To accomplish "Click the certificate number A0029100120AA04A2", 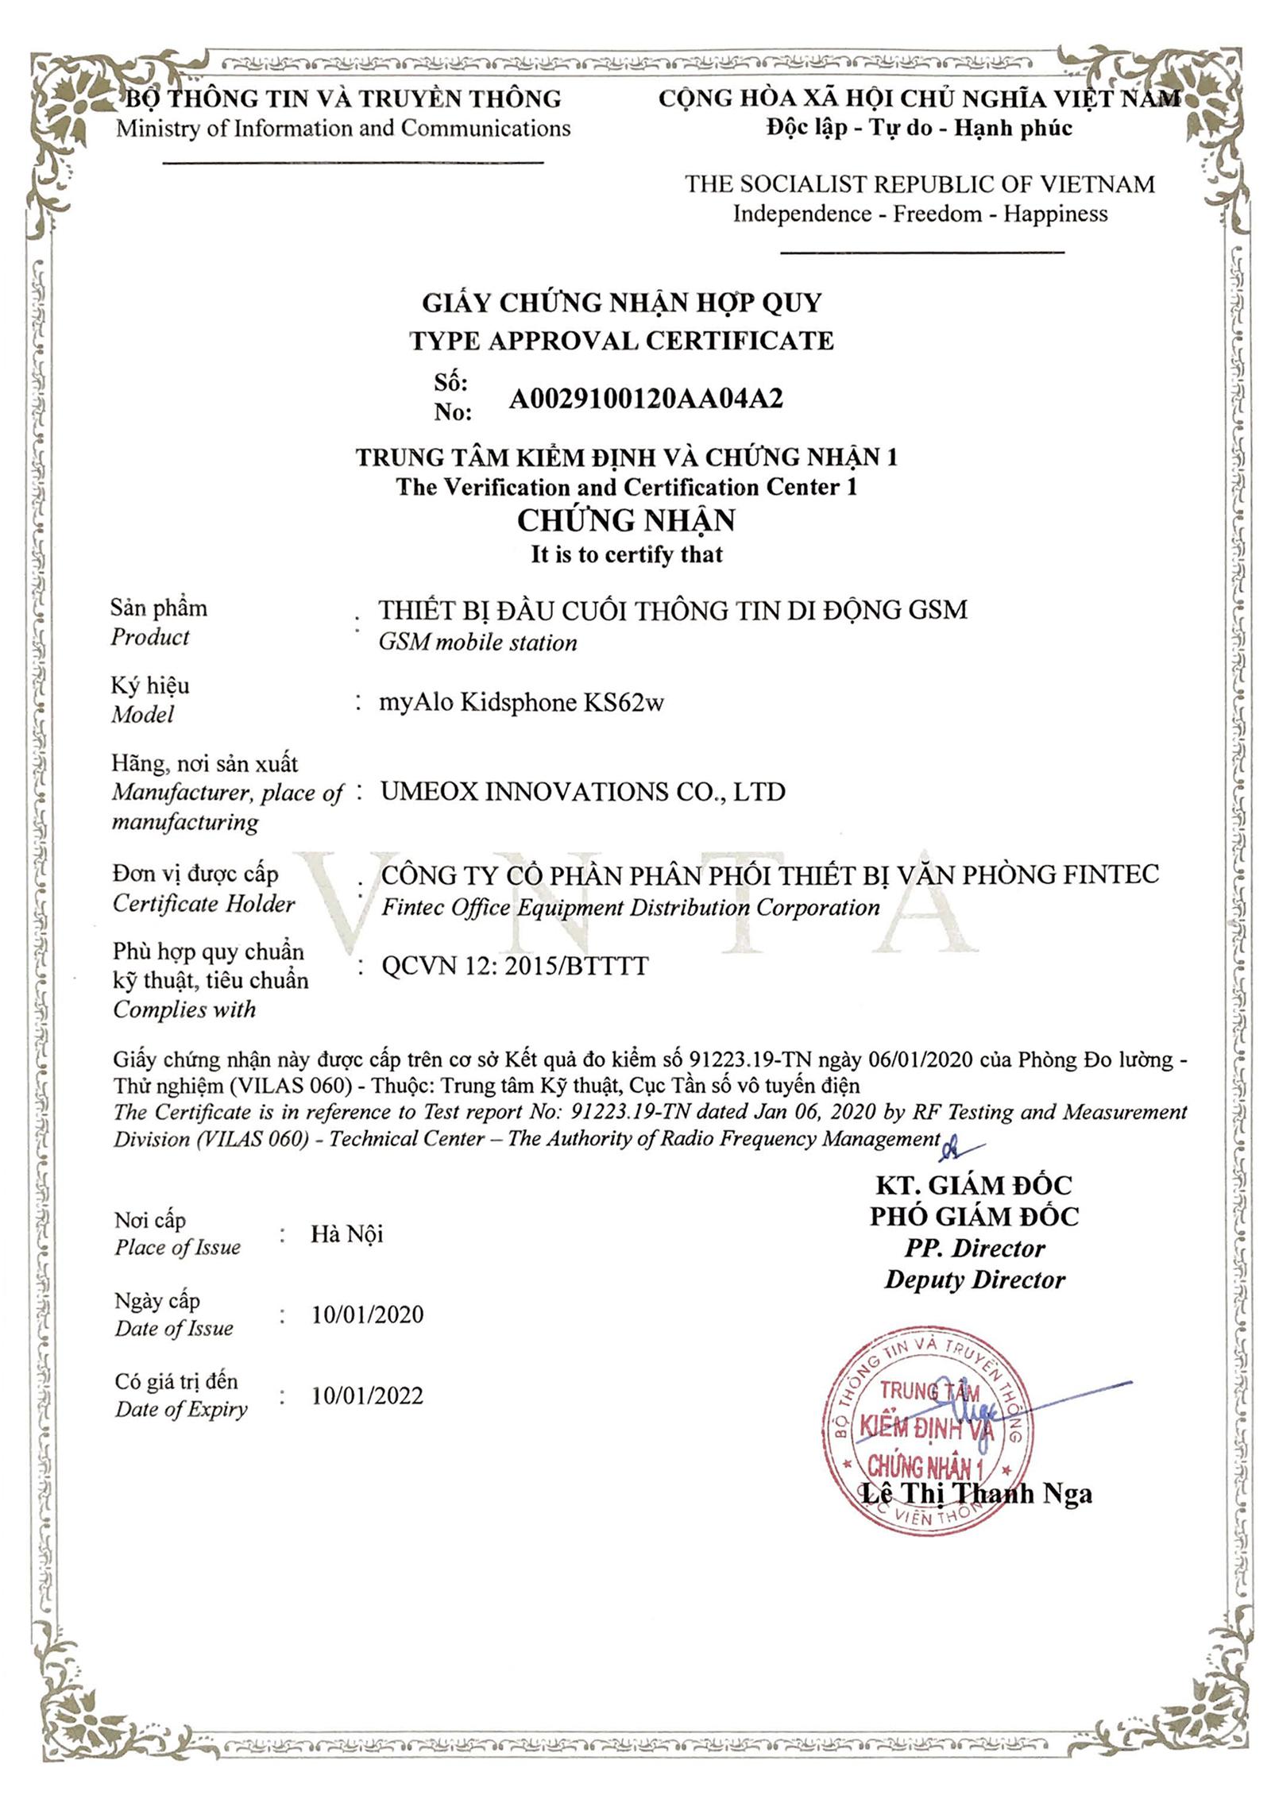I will click(x=645, y=399).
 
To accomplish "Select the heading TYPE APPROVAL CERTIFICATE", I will click(x=621, y=341).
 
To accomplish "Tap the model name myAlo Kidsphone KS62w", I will click(x=521, y=702).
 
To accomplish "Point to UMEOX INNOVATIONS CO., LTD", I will click(x=582, y=792).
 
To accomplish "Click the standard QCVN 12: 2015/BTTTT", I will click(x=515, y=966).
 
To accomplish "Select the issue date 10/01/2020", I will click(x=367, y=1314).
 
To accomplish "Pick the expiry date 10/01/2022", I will click(x=367, y=1395).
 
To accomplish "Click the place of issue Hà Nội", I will click(x=346, y=1233).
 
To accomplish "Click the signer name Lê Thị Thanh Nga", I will click(x=976, y=1493).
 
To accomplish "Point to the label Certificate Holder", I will click(x=203, y=904).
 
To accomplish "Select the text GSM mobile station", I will click(x=477, y=643).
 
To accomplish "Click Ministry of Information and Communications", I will click(x=343, y=129).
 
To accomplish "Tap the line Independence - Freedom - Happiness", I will click(x=919, y=214).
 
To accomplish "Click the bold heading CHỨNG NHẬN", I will click(x=626, y=520).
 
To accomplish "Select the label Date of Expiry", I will click(x=181, y=1410).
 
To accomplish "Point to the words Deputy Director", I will click(x=975, y=1280).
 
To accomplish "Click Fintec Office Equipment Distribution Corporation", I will click(x=630, y=908).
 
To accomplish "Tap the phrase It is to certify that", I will click(x=627, y=554).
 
